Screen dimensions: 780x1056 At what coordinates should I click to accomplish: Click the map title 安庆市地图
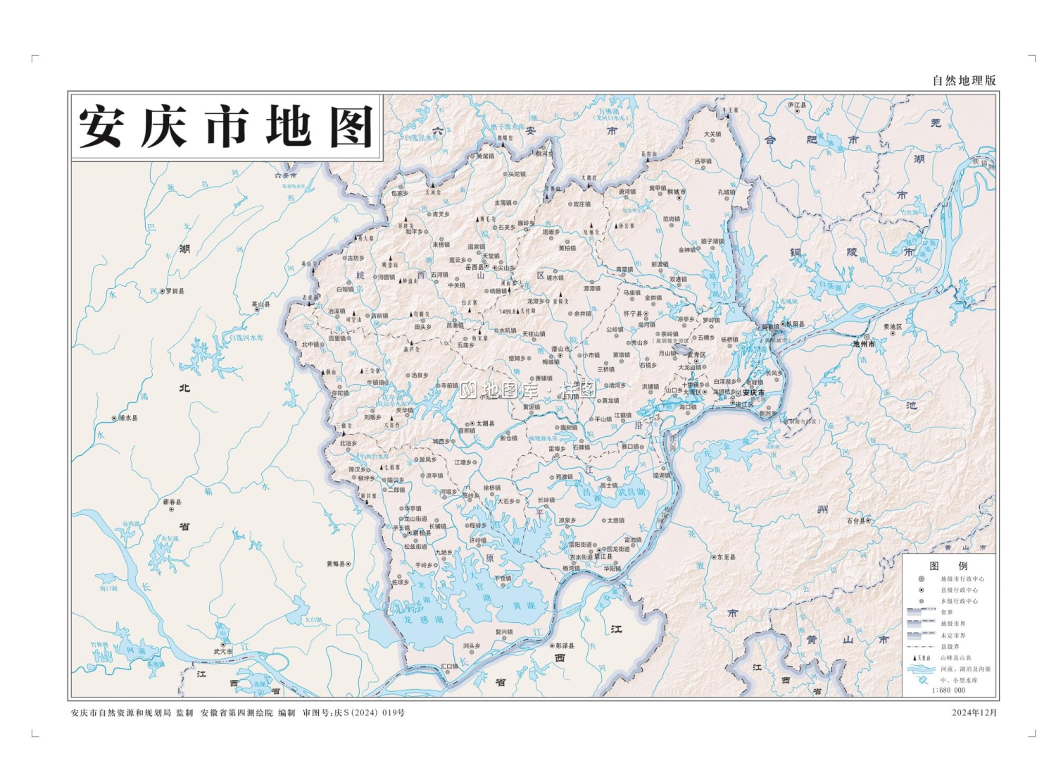225,128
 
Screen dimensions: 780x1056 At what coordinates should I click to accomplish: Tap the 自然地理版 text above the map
964,80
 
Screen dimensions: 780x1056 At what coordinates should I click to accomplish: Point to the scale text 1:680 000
948,691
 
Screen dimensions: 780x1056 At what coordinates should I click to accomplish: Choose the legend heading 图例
948,566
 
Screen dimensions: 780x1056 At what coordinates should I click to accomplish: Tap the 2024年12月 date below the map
974,712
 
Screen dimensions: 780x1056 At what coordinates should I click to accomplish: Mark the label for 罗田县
174,291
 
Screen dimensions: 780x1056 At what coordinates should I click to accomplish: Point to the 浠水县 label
127,418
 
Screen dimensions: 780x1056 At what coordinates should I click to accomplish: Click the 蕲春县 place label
172,502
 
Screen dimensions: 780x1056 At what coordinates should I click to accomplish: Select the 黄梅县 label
335,564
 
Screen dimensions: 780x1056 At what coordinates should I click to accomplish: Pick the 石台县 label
855,521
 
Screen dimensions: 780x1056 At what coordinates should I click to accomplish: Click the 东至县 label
726,557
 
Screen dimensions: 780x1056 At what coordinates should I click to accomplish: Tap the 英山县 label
260,304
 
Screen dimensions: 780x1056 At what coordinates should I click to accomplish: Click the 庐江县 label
797,105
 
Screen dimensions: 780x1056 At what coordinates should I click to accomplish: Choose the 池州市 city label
863,344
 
